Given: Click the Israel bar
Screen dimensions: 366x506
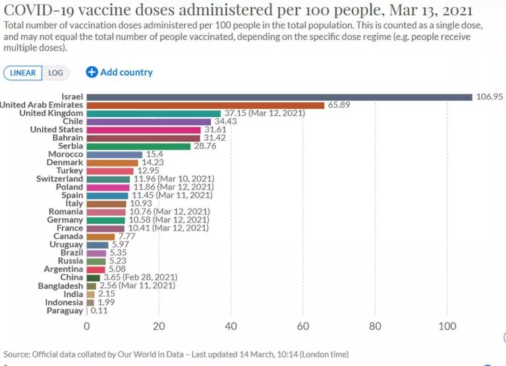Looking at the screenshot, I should coord(279,97).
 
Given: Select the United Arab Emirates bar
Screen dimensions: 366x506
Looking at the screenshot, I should coord(206,105).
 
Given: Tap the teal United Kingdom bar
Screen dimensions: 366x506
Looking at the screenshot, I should coord(154,113).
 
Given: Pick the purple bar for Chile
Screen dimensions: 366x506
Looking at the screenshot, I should coord(149,122).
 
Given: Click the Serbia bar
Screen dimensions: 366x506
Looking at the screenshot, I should coord(138,146).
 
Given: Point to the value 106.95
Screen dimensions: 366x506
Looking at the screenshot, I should coord(489,97).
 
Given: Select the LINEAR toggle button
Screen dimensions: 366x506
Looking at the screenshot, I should coord(24,73).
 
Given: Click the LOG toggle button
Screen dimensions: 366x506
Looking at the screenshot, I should coord(55,73).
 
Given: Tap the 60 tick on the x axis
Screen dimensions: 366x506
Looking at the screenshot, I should coord(303,325).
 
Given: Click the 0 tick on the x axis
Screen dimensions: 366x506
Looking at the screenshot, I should coord(86,325).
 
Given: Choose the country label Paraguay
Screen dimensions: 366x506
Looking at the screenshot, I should coord(65,311).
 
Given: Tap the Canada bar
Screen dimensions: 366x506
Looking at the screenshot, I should coord(100,236).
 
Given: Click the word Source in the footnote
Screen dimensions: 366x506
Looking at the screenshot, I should coord(18,354).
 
